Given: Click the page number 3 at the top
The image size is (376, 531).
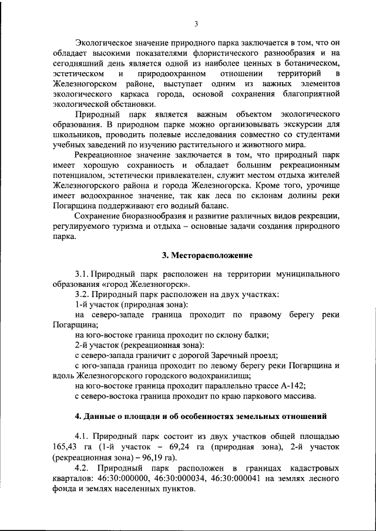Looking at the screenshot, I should tap(196, 24).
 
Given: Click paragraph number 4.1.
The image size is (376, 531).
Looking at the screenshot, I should tap(84, 435).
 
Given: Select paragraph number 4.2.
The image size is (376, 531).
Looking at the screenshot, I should tap(84, 468).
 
